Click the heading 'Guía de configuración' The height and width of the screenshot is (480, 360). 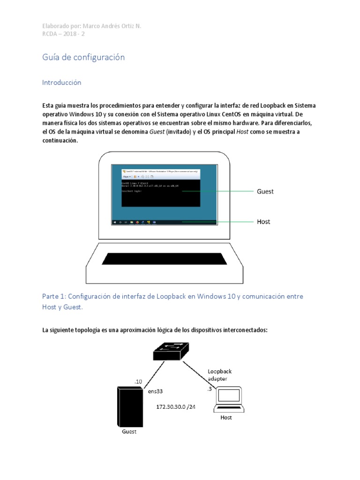[83, 57]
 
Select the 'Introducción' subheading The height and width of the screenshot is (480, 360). [61, 82]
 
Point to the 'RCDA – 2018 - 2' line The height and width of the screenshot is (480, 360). [63, 34]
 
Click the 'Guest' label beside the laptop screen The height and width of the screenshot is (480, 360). [265, 191]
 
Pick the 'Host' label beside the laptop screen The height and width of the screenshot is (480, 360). [263, 221]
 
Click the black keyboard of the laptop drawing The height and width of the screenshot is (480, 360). [165, 259]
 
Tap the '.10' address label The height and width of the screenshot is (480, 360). [138, 382]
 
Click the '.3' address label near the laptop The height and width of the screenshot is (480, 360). [209, 389]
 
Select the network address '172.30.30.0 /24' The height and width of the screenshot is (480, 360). [176, 406]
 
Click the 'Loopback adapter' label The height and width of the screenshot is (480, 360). [220, 375]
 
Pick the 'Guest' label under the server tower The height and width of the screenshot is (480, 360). [129, 431]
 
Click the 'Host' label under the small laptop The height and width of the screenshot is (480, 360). [226, 417]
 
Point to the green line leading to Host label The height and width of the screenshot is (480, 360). [218, 221]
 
